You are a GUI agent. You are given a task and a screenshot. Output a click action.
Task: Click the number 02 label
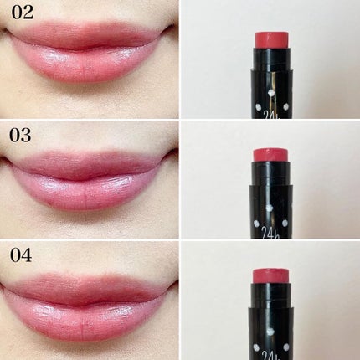point(22,13)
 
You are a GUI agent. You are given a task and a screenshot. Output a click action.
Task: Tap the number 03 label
point(20,136)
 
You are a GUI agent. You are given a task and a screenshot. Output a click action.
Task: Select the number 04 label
point(21,255)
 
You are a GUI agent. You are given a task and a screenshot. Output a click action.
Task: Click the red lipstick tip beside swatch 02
point(272,40)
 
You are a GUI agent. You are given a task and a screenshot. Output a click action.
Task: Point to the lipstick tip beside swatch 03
point(270,155)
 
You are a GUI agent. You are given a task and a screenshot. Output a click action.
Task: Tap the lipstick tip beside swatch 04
point(270,275)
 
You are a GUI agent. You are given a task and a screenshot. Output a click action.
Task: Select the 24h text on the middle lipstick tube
point(270,233)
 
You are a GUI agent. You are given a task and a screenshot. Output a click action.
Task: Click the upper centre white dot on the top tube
point(270,93)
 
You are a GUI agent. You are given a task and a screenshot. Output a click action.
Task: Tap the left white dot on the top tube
point(257,107)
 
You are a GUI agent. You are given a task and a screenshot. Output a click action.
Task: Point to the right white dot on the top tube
point(285,106)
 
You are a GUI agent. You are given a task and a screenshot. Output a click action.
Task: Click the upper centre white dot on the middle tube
point(270,208)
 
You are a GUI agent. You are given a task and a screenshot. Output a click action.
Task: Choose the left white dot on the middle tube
point(256,224)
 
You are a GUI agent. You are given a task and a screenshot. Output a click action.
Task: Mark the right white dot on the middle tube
point(285,223)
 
